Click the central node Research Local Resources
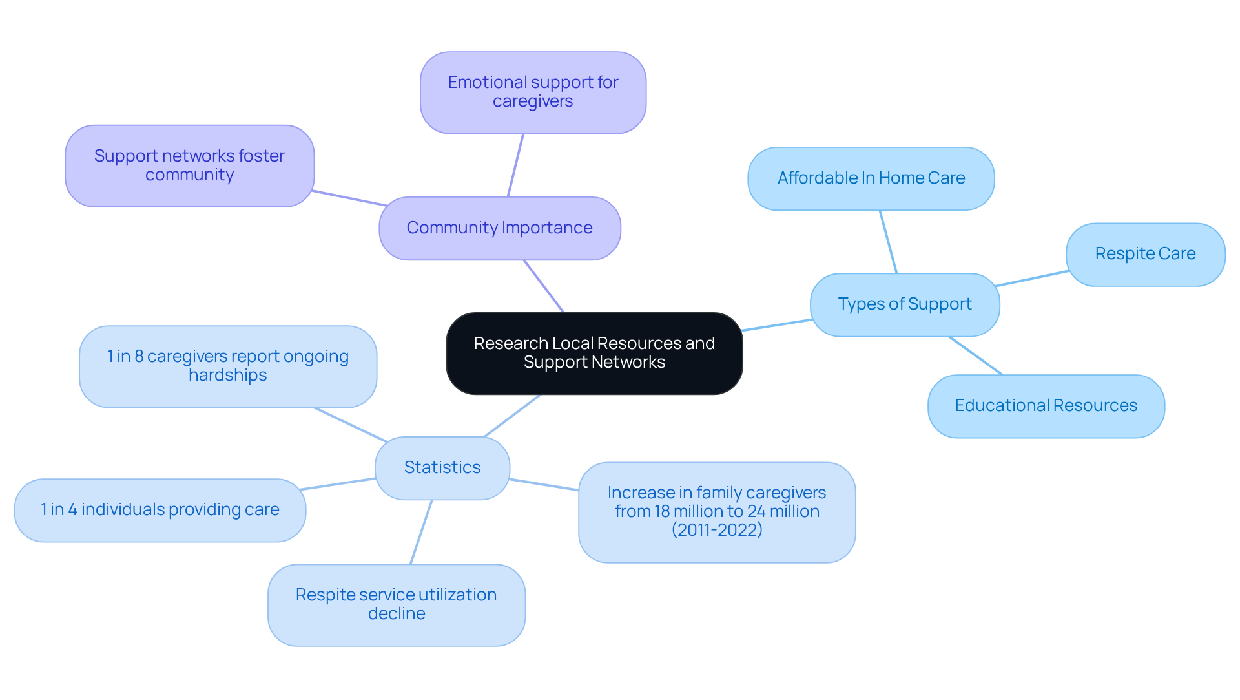(x=594, y=353)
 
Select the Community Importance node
(x=499, y=228)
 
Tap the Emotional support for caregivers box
(x=533, y=92)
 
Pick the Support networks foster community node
(x=189, y=166)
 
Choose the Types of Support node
(x=904, y=304)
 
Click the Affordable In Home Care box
(x=871, y=178)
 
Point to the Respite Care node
(x=1144, y=254)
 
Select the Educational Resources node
(x=1046, y=406)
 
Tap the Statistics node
(x=442, y=468)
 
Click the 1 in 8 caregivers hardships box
(x=227, y=366)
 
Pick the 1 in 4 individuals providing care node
(x=160, y=510)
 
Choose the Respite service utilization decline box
(x=396, y=604)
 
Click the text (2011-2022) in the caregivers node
(x=717, y=530)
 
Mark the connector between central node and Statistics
(x=512, y=416)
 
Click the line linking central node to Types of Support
(x=776, y=325)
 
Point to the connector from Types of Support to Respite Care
(x=1031, y=279)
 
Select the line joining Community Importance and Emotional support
(x=515, y=165)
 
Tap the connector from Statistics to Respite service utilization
(x=421, y=532)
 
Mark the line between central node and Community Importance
(x=544, y=286)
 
